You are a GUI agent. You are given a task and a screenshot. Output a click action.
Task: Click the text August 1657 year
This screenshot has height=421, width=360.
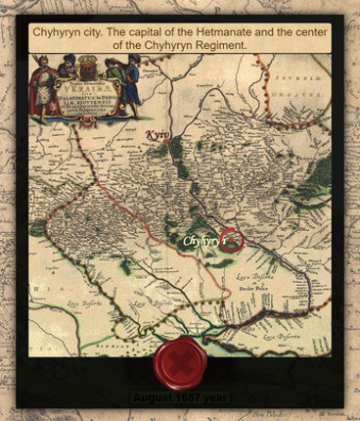coord(181,398)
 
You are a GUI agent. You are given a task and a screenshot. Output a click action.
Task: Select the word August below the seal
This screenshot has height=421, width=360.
coord(152,398)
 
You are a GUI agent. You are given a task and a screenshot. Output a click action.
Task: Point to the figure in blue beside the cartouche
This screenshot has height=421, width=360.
coord(129,78)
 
